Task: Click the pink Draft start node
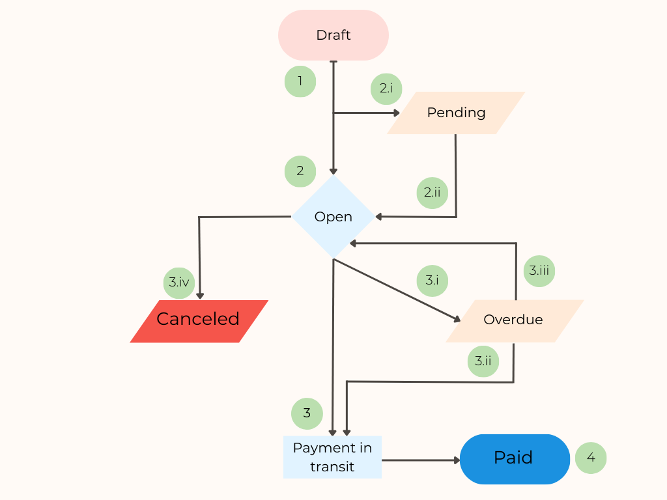pos(333,35)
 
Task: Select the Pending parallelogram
pos(456,113)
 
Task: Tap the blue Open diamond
pos(333,217)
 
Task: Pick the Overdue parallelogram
pos(514,320)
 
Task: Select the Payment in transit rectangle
pos(332,457)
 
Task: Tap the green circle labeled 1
pos(300,81)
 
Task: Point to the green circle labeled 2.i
pos(386,89)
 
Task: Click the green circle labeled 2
pos(300,171)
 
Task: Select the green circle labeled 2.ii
pos(433,193)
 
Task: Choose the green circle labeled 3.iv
pos(179,283)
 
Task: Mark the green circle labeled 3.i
pos(433,281)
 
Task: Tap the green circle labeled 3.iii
pos(539,271)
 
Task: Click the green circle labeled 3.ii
pos(483,361)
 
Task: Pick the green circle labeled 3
pos(307,413)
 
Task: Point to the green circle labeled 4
pos(591,458)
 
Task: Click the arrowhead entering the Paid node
pos(456,460)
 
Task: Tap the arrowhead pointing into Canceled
pos(200,295)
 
